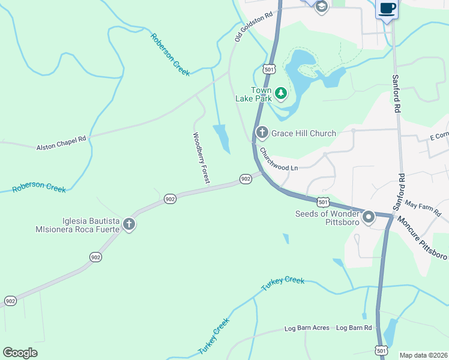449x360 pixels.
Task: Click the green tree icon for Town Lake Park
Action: [280, 94]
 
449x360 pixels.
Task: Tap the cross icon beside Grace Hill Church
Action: [262, 133]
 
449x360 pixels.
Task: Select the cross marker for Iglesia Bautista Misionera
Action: [128, 224]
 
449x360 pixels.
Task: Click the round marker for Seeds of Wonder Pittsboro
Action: [368, 217]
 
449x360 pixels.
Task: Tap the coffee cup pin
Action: [387, 9]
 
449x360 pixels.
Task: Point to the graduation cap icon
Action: [321, 7]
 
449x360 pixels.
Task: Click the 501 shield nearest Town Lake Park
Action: [270, 70]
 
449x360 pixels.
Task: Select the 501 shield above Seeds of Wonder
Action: [324, 202]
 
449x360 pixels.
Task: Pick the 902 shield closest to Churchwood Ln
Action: [246, 179]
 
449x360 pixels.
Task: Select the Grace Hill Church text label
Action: [304, 133]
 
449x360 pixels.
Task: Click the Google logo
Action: [20, 353]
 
